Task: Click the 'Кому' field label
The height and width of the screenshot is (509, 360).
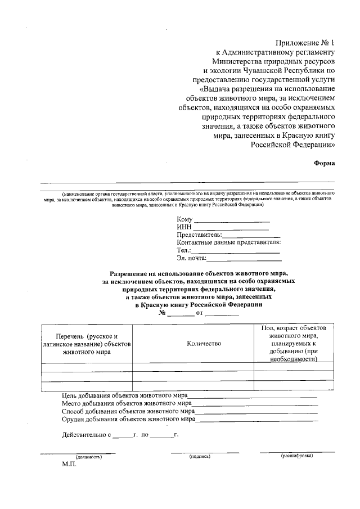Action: coord(185,219)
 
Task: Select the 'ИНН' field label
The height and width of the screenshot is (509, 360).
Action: coord(184,227)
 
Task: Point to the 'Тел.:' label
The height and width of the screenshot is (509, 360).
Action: coord(184,250)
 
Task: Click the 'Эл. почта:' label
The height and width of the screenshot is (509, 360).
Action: coord(192,259)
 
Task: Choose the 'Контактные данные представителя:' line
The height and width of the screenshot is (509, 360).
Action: coord(229,243)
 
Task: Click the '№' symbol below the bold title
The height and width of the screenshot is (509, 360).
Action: coord(163,313)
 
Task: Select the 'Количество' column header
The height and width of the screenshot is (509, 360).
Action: coord(204,343)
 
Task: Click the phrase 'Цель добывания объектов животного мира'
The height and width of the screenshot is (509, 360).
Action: coord(125,395)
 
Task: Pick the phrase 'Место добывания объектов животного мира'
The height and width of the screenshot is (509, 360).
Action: coord(127,403)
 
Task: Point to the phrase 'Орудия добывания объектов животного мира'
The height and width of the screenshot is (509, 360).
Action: coord(128,419)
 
